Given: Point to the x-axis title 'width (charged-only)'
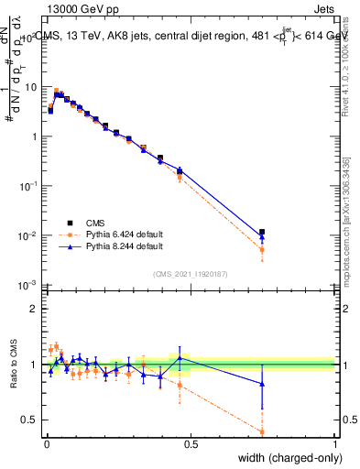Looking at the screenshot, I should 288,459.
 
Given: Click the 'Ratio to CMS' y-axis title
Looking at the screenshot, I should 12,365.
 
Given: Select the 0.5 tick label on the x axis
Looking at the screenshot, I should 191,444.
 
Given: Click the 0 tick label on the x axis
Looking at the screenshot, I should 46,444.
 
